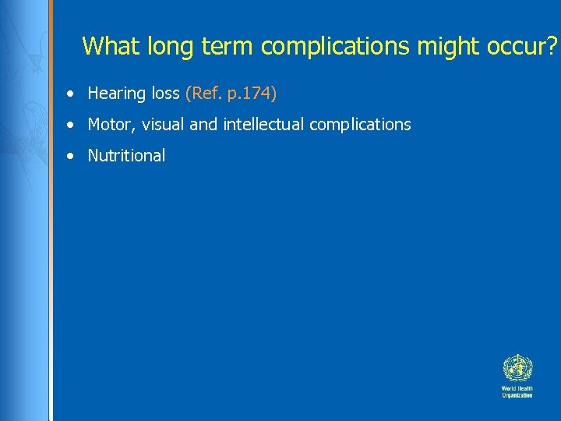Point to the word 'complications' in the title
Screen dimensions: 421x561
(335, 46)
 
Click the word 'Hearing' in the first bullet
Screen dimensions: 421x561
(117, 94)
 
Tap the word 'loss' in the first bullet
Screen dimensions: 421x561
(164, 94)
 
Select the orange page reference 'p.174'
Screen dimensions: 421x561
(249, 94)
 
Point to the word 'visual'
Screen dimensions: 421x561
(164, 125)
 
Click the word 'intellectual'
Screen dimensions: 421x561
(263, 125)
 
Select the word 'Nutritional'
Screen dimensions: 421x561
(126, 155)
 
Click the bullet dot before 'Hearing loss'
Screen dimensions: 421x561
(71, 94)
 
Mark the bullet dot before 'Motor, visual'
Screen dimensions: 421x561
(71, 126)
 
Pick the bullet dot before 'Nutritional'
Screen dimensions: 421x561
(71, 156)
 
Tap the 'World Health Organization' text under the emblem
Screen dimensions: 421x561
(517, 391)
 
